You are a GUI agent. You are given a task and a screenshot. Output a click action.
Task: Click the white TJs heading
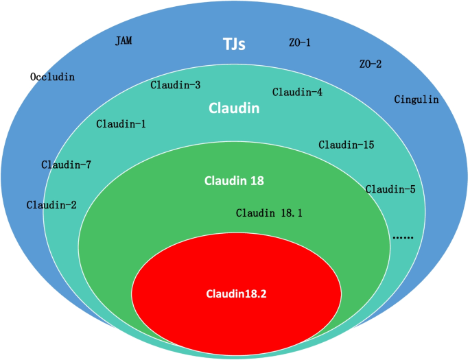(x=234, y=45)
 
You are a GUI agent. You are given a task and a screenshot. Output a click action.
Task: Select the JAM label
(x=124, y=41)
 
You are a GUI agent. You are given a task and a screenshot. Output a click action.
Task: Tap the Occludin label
(x=52, y=77)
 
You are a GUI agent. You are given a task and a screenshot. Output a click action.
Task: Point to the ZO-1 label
(x=300, y=43)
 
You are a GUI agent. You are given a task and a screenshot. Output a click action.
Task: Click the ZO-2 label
(x=370, y=64)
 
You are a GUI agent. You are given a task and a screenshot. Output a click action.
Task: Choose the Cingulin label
(x=416, y=99)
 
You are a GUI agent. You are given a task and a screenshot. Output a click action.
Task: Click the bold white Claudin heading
(x=234, y=108)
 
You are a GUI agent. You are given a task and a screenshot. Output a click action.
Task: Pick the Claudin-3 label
(x=175, y=85)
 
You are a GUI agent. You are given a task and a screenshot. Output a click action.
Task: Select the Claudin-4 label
(x=297, y=92)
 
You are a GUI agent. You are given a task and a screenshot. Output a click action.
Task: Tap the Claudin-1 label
(x=121, y=124)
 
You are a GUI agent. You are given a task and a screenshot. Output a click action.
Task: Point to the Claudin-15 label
(x=346, y=145)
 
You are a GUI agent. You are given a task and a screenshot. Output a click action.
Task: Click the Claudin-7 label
(x=66, y=165)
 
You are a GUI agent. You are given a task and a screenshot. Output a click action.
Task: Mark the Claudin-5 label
(x=390, y=189)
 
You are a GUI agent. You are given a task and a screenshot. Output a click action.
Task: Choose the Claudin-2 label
(x=51, y=204)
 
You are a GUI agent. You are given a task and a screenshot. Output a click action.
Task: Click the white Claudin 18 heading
(x=234, y=181)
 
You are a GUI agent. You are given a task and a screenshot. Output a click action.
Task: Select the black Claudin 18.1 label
(x=269, y=213)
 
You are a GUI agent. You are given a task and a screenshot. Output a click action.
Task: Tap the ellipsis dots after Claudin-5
(x=403, y=237)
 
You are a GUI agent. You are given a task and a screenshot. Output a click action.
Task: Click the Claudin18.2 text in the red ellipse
(x=236, y=293)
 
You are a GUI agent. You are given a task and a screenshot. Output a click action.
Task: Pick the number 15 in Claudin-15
(x=367, y=145)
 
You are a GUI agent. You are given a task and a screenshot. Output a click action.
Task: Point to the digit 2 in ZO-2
(x=379, y=64)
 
